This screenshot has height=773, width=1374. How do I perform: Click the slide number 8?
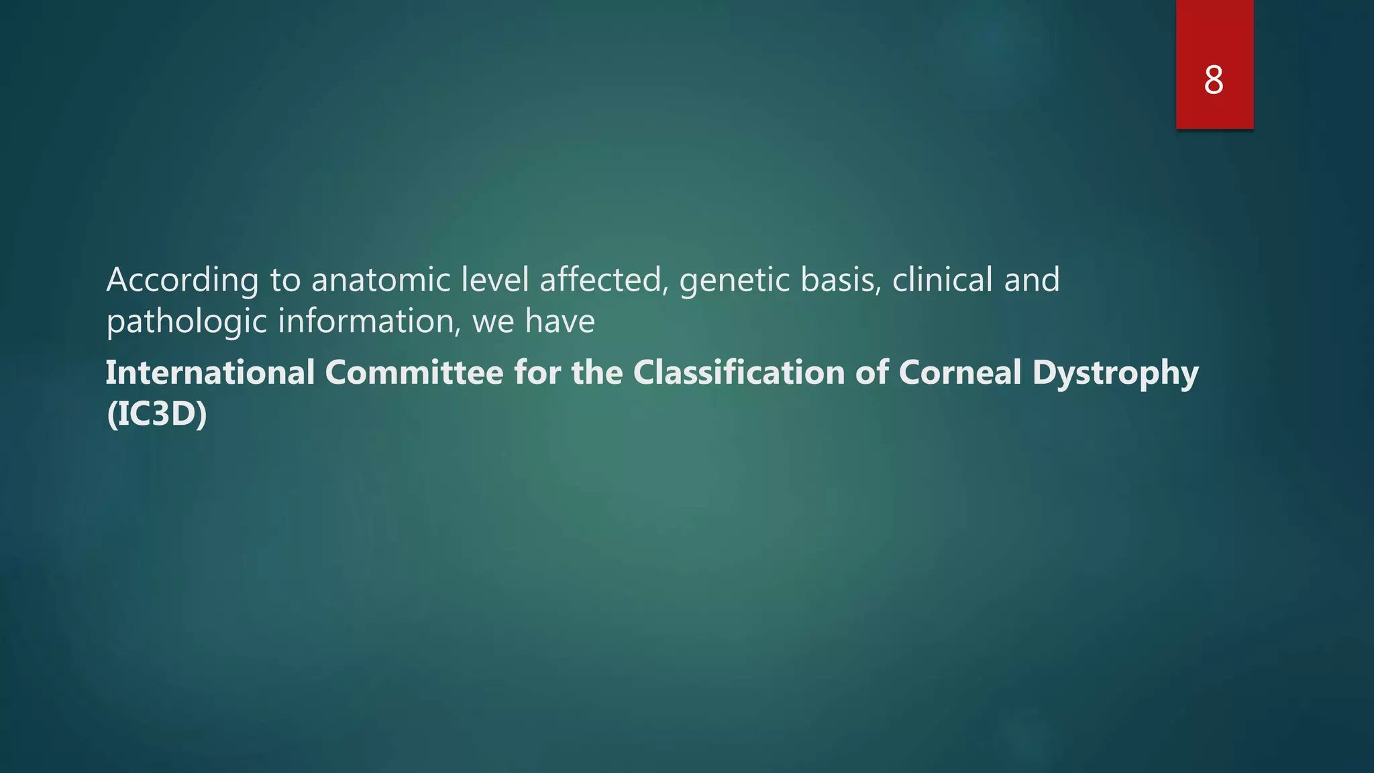click(x=1213, y=81)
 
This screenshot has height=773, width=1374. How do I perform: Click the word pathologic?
click(x=187, y=322)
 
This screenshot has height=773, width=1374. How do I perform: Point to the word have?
click(x=560, y=321)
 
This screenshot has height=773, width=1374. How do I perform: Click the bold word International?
click(x=210, y=372)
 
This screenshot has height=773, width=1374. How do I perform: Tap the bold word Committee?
click(x=414, y=372)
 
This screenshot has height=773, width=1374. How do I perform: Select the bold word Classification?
click(x=739, y=372)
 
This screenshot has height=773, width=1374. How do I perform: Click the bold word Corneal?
click(x=959, y=372)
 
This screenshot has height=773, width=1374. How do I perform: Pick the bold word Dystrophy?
click(x=1115, y=374)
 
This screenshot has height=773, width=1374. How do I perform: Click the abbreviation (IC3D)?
click(x=157, y=414)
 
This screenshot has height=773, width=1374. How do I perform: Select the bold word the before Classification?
click(x=597, y=372)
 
